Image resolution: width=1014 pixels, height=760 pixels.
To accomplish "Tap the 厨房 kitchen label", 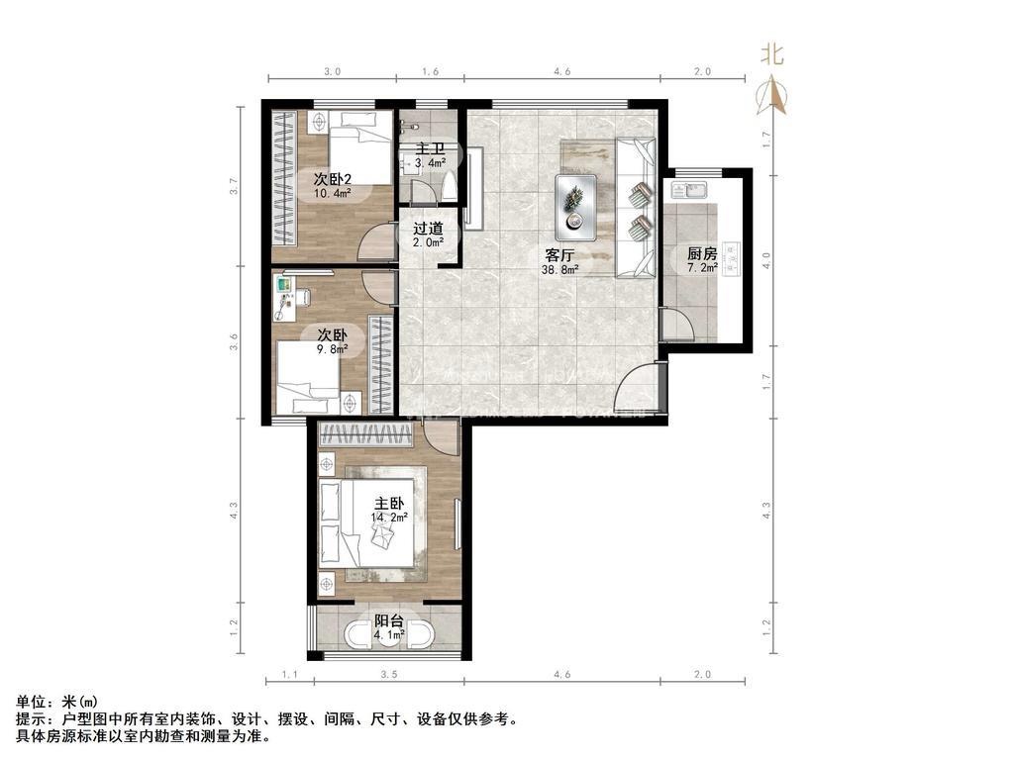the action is tap(702, 253).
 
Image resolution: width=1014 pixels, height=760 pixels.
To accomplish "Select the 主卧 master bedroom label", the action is tap(389, 504).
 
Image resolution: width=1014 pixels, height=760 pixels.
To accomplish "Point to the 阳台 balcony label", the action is tap(388, 621).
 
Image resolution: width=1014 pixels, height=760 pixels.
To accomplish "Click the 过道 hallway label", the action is tap(428, 229).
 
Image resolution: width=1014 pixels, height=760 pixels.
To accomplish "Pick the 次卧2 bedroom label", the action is tap(333, 179).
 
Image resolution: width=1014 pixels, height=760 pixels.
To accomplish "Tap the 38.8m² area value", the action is tap(560, 269).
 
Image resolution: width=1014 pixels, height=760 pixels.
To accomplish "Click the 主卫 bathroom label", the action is tap(430, 149).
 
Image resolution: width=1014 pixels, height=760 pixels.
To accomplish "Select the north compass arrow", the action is tap(772, 95).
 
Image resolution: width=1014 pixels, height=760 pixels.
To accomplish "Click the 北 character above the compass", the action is tap(772, 53).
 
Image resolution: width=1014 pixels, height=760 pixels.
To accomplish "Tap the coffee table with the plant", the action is tap(575, 207).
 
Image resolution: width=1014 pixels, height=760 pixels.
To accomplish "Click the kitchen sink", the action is tap(689, 191).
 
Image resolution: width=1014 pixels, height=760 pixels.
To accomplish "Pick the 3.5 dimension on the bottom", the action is tap(388, 675).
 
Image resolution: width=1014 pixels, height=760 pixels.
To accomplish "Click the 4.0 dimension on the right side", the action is tap(767, 260).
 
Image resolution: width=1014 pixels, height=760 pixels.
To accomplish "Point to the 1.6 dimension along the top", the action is tap(430, 71).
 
